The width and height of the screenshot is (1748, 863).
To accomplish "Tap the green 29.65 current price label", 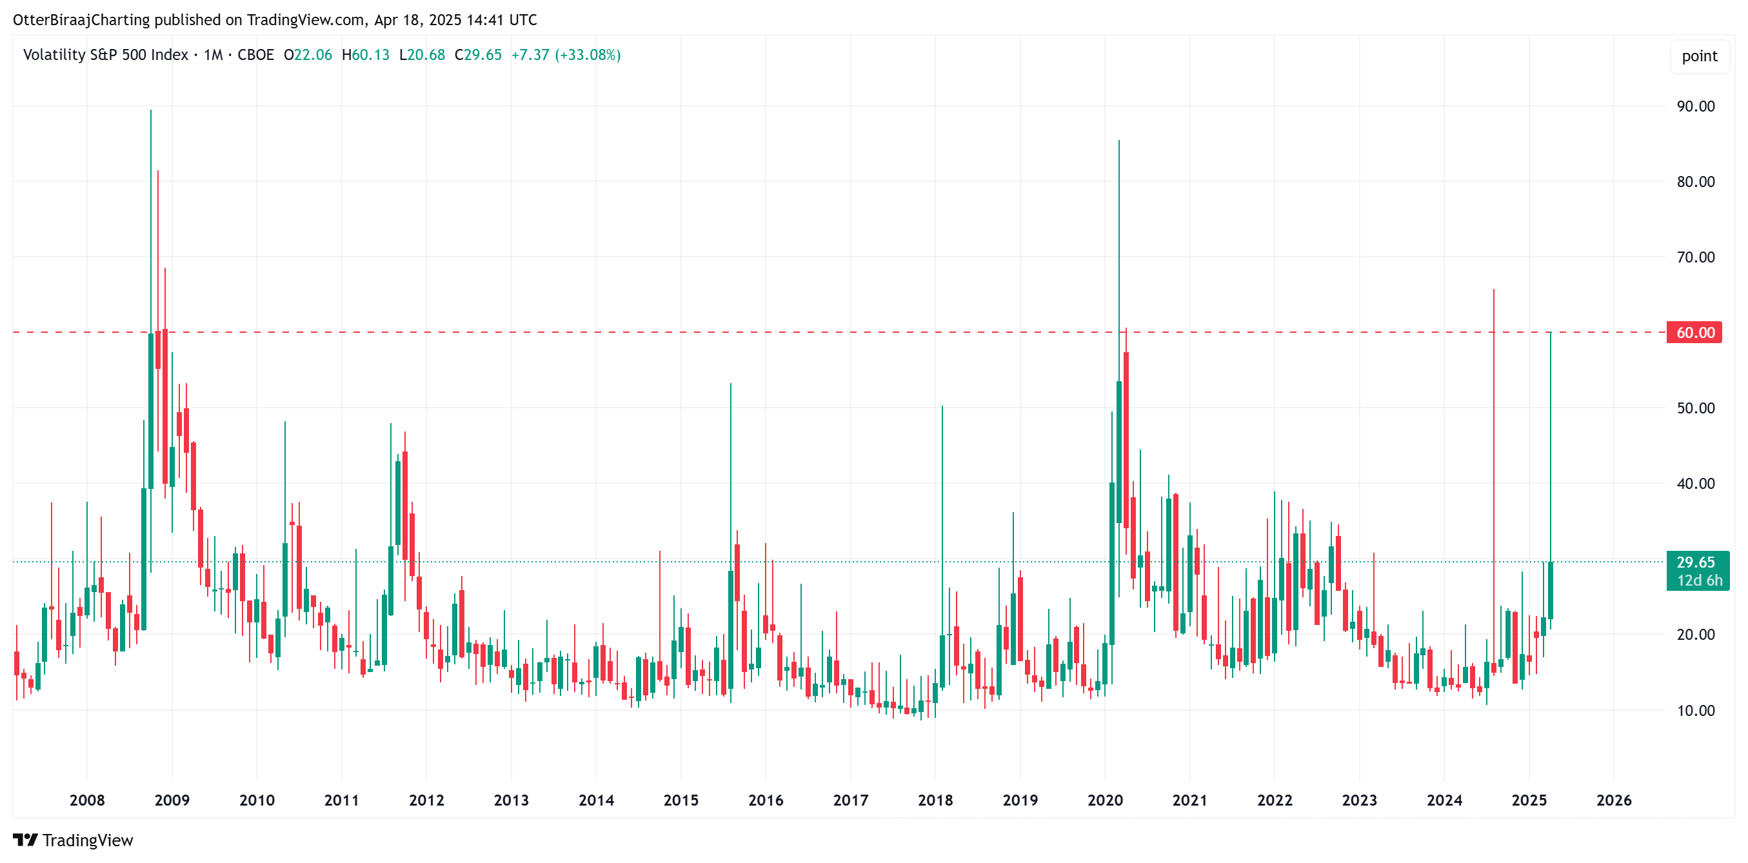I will [1695, 562].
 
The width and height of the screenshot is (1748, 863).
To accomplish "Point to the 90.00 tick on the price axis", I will [1695, 106].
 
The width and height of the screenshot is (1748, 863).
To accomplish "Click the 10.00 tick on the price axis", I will [1695, 710].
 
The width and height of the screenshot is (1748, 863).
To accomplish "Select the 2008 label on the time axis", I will [87, 800].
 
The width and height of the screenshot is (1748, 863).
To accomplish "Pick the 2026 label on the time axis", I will [1614, 800].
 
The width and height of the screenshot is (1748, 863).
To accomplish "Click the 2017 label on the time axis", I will [850, 800].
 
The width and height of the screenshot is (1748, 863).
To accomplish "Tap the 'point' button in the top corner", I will [1699, 56].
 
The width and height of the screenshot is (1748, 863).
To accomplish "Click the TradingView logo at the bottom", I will [74, 840].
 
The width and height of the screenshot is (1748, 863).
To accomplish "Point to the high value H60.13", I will [366, 55].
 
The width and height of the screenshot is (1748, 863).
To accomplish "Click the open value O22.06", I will [308, 55].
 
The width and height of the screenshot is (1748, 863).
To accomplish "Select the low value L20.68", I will [422, 55].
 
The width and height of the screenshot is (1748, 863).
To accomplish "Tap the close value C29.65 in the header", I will [478, 55].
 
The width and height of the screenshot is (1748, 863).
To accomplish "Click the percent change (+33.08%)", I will [588, 55].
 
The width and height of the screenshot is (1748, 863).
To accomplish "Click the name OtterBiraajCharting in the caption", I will [81, 20].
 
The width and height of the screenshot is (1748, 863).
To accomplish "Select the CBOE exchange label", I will [256, 55].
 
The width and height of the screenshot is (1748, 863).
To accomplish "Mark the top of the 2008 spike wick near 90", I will [151, 110].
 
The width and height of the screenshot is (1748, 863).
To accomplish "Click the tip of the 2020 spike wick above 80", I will [1119, 141].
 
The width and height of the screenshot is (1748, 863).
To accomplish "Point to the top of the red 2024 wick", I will [1493, 290].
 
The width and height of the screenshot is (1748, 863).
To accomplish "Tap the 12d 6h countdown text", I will [1699, 580].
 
